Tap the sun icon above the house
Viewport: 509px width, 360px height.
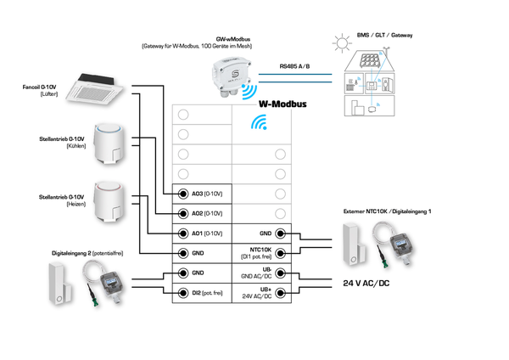[x=341, y=42]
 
